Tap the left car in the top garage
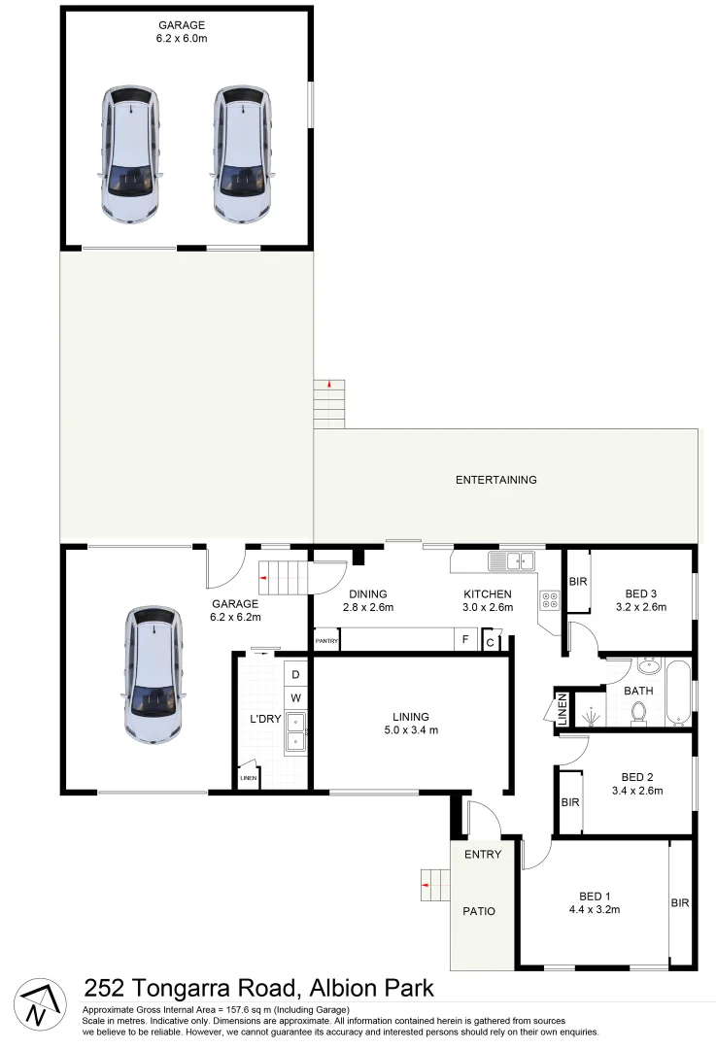(x=131, y=155)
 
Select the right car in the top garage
(x=241, y=155)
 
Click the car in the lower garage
(x=153, y=676)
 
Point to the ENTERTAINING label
(x=495, y=480)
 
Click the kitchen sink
(x=512, y=560)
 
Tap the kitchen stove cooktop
(x=550, y=601)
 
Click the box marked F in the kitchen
(x=465, y=641)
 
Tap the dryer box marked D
(x=295, y=674)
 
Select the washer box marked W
(x=295, y=697)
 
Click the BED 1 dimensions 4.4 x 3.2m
(x=594, y=910)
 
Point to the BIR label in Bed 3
(x=578, y=582)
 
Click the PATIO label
(x=478, y=911)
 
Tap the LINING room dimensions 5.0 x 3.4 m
(x=412, y=730)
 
